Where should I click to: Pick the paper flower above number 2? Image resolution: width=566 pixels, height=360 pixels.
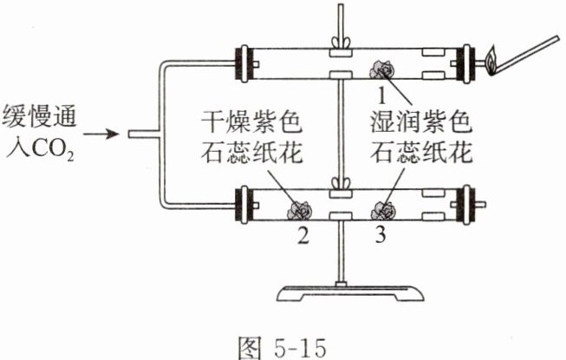(300, 208)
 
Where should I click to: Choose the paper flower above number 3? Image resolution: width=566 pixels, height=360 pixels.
(379, 208)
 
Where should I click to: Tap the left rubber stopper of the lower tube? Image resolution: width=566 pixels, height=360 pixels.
(244, 206)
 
